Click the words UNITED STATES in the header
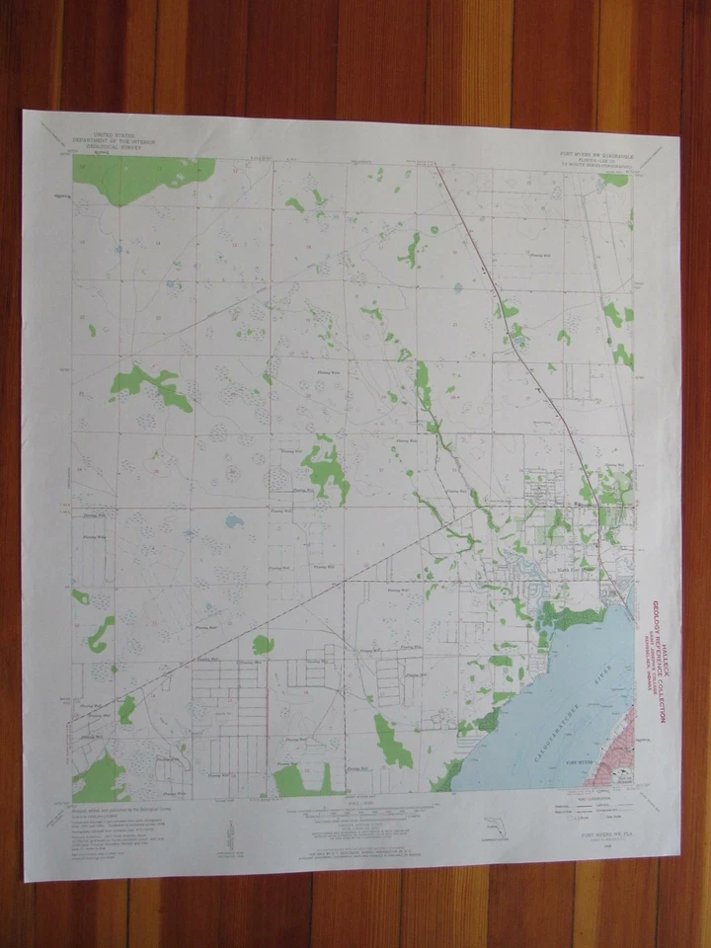[x=116, y=131]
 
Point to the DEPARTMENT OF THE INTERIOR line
[x=116, y=136]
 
